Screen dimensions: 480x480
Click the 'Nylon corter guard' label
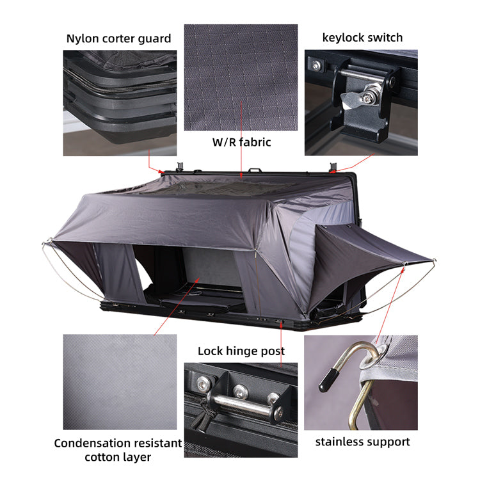point(119,38)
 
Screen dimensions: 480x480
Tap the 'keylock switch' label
point(362,37)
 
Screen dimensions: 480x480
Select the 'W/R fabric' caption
point(241,141)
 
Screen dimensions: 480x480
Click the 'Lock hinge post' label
point(241,351)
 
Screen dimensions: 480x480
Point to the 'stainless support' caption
point(362,442)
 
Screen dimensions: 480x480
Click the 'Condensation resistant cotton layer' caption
point(118,450)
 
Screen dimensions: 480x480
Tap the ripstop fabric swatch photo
point(241,77)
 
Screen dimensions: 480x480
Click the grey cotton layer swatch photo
point(120,382)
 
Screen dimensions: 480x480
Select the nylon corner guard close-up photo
point(120,102)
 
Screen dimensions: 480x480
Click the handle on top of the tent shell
point(255,171)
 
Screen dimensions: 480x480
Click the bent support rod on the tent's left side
point(64,269)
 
